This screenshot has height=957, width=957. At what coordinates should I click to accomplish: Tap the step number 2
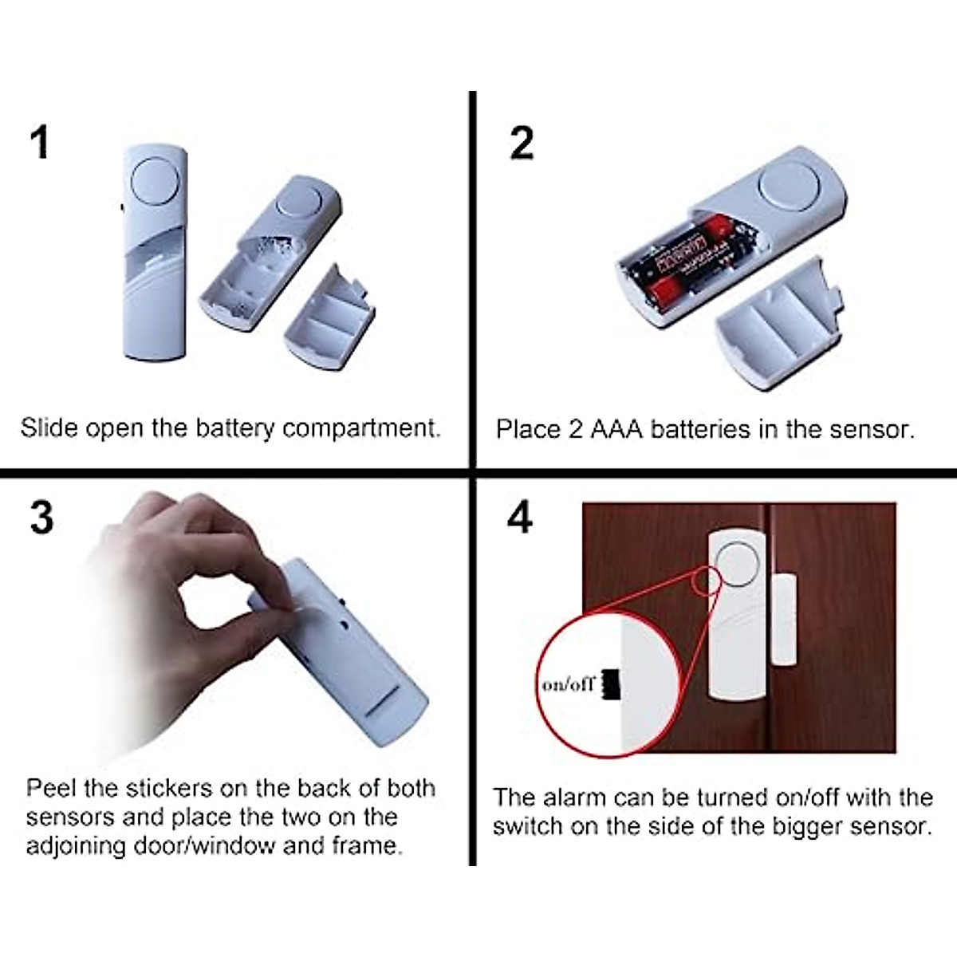(522, 144)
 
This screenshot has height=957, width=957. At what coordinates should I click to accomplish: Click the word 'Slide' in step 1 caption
(49, 428)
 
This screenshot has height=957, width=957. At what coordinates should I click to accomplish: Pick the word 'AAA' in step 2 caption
(615, 430)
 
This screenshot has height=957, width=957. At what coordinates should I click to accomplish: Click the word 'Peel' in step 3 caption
(52, 789)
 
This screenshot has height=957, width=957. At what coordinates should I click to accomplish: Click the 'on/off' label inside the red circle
(568, 685)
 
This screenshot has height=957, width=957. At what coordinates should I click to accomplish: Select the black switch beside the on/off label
(611, 685)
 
